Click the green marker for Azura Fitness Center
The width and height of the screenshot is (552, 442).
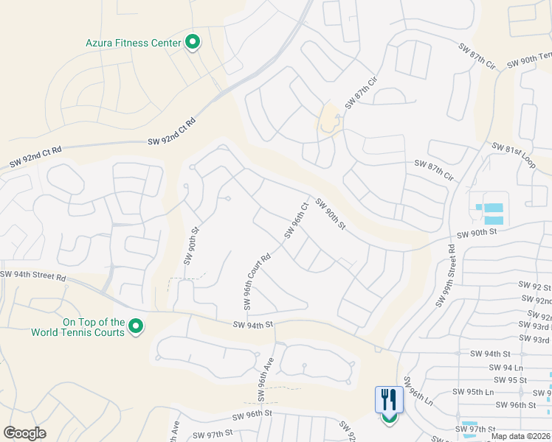[x=192, y=42]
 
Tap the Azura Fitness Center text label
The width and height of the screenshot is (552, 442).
[x=133, y=43]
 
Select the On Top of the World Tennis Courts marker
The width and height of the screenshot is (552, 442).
[x=136, y=326]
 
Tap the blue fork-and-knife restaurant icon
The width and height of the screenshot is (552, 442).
[x=389, y=400]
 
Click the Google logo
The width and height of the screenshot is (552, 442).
[x=24, y=433]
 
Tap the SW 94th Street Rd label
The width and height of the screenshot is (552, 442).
[x=33, y=276]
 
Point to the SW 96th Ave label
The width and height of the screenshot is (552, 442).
[x=266, y=380]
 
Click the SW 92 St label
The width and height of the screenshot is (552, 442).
[x=535, y=286]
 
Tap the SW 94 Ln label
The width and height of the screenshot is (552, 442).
[x=506, y=367]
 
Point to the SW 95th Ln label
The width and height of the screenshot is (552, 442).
[x=473, y=392]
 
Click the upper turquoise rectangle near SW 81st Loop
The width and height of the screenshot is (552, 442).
[x=493, y=208]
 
